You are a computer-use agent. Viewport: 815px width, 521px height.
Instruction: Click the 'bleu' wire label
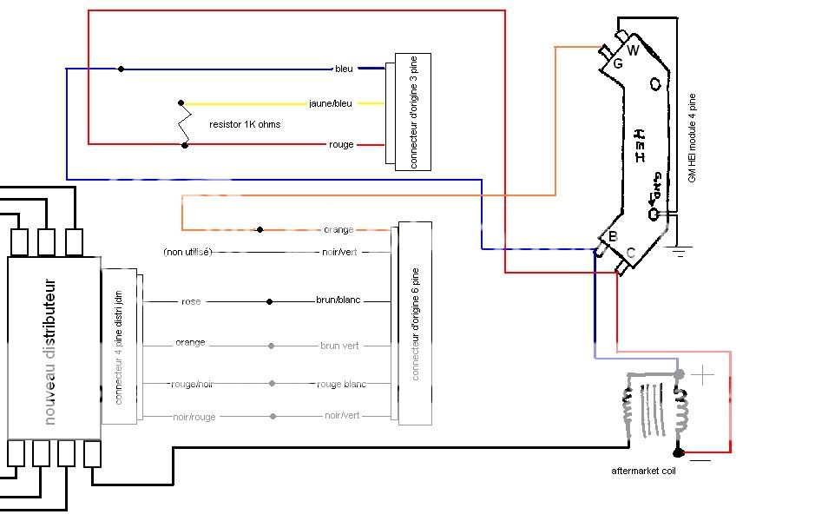(345, 69)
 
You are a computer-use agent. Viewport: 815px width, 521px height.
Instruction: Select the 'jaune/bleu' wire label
(331, 103)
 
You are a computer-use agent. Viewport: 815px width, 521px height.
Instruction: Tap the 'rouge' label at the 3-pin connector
(342, 144)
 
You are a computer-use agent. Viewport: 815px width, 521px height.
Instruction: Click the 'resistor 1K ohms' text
(245, 124)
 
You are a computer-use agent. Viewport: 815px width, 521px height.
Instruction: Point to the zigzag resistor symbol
(184, 123)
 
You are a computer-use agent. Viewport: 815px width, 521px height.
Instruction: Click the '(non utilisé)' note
(187, 252)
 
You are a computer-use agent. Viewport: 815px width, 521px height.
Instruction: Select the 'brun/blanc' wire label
(338, 300)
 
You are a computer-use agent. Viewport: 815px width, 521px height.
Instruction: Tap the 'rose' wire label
(191, 301)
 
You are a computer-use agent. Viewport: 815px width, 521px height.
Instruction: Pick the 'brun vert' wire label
(339, 346)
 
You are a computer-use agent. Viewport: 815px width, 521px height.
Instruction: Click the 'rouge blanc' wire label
(341, 384)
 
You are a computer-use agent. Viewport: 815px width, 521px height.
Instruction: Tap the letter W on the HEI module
(633, 50)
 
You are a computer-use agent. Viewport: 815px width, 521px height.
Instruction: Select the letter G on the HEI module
(617, 63)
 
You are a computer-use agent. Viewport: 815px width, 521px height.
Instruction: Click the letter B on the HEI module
(613, 237)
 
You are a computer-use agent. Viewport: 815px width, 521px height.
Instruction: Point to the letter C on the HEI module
(630, 253)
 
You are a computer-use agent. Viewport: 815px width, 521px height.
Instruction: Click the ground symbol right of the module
(678, 252)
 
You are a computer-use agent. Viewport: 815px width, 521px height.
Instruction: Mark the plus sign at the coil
(703, 375)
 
